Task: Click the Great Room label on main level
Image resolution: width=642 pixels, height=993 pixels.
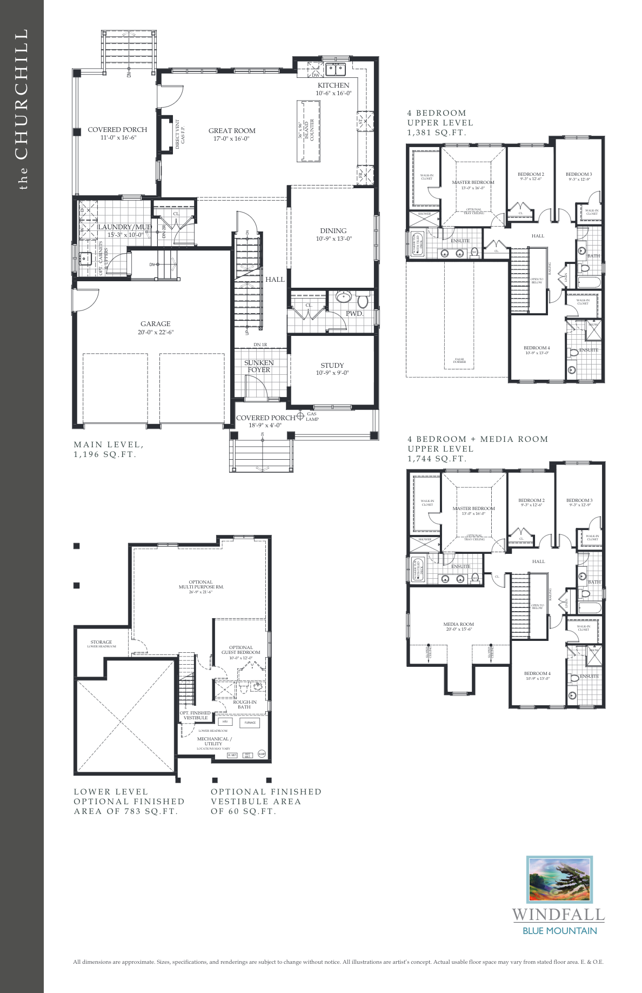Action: (232, 131)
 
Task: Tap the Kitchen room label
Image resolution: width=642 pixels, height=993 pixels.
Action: (333, 85)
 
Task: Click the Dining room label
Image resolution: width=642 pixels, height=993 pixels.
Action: (333, 230)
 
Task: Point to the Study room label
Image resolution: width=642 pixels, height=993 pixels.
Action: (332, 366)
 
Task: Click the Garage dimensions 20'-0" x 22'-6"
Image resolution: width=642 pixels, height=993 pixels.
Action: (156, 332)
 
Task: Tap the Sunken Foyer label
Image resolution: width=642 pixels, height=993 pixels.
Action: (259, 366)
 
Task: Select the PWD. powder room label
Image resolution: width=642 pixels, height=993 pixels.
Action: (354, 314)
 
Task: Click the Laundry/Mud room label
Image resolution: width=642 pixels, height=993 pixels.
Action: (124, 227)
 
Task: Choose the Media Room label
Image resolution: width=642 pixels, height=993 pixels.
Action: (458, 624)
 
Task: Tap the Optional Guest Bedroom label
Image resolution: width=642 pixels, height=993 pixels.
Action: (240, 650)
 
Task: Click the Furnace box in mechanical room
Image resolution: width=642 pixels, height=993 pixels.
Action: (250, 723)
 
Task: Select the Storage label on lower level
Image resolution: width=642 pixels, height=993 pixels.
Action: (101, 642)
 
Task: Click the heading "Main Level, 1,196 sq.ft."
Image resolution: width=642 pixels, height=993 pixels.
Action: (109, 449)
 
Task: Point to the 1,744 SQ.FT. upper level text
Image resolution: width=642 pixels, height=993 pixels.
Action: (437, 459)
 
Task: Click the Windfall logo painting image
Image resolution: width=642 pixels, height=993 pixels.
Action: (559, 880)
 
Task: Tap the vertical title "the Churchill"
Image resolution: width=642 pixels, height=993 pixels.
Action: (21, 108)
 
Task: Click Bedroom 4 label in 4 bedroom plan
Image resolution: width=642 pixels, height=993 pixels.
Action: (537, 348)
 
